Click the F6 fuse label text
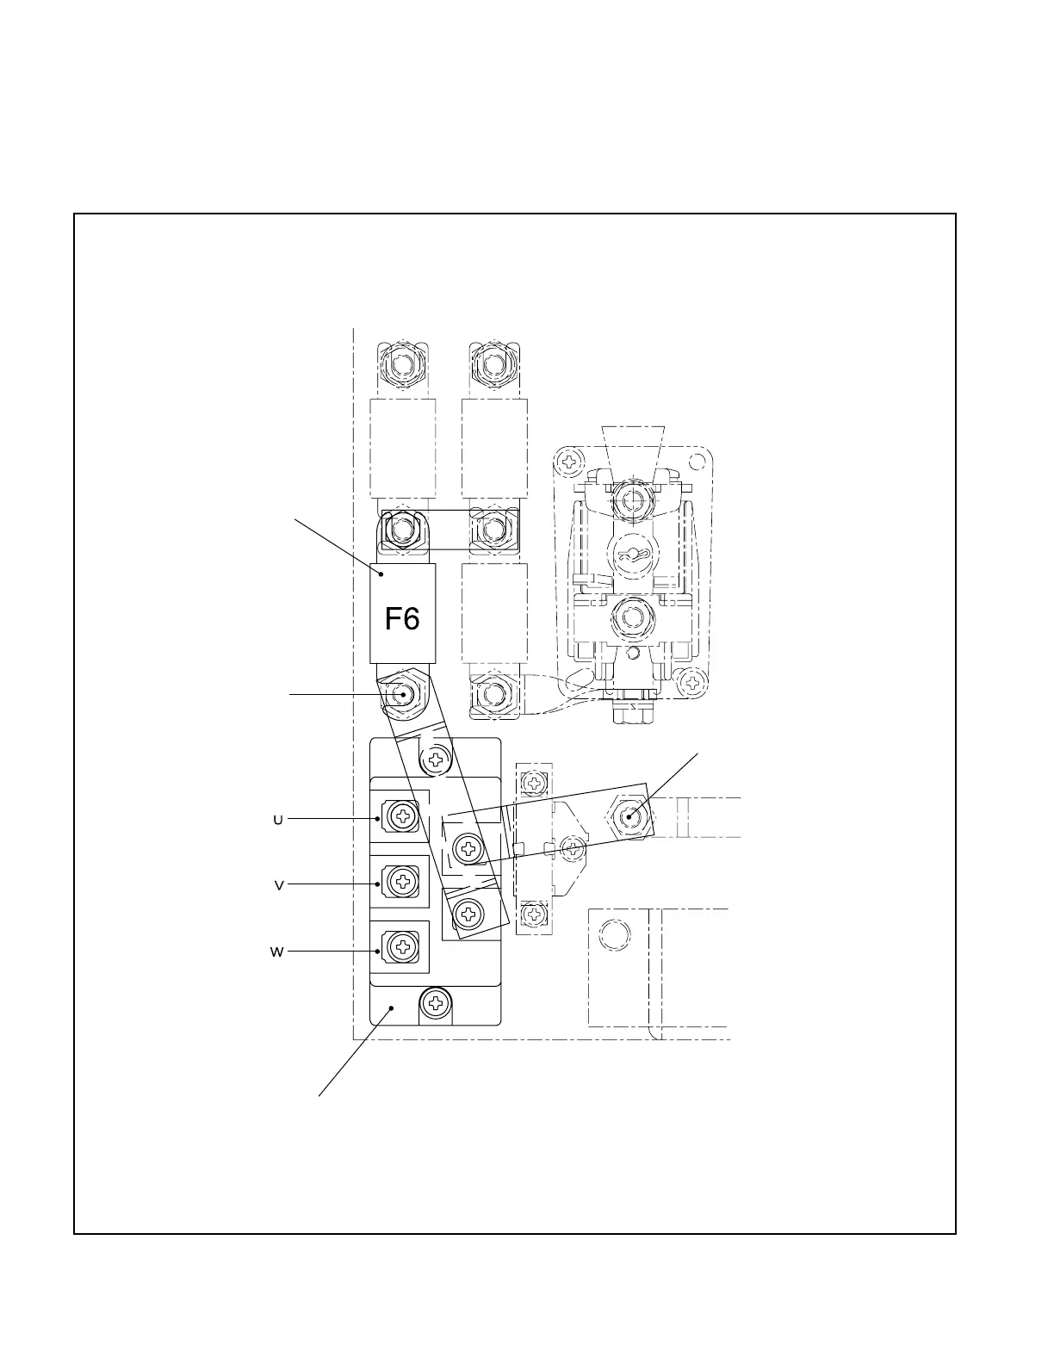402,617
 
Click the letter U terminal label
278,820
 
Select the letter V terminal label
279,885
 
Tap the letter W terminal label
277,952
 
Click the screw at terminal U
402,815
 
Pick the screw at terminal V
402,881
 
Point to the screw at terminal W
402,947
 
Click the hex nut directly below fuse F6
401,693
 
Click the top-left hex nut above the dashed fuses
401,364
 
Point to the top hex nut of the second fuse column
493,364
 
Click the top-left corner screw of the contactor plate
567,462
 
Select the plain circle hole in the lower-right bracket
614,936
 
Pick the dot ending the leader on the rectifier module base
392,1007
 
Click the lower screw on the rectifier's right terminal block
469,912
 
